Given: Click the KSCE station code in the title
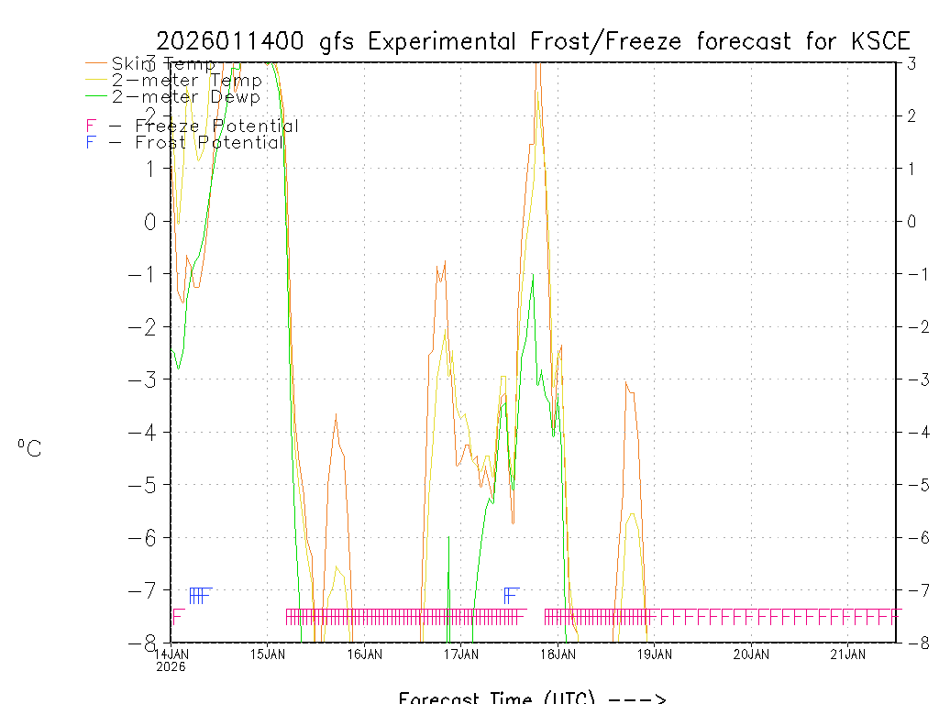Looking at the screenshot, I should (880, 41).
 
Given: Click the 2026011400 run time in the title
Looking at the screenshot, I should (234, 41).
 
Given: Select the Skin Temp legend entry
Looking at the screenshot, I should (163, 64).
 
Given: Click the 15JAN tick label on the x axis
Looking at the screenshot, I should (268, 654).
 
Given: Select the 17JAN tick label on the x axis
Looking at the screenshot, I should (461, 654).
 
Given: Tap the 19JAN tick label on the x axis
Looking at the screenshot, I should (655, 654).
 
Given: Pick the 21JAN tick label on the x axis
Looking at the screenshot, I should (848, 654).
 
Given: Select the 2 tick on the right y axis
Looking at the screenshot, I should (911, 115).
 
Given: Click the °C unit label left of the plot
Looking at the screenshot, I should (29, 448).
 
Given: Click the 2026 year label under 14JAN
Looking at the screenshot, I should (171, 666).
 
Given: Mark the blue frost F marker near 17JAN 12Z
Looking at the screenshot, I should (511, 595).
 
